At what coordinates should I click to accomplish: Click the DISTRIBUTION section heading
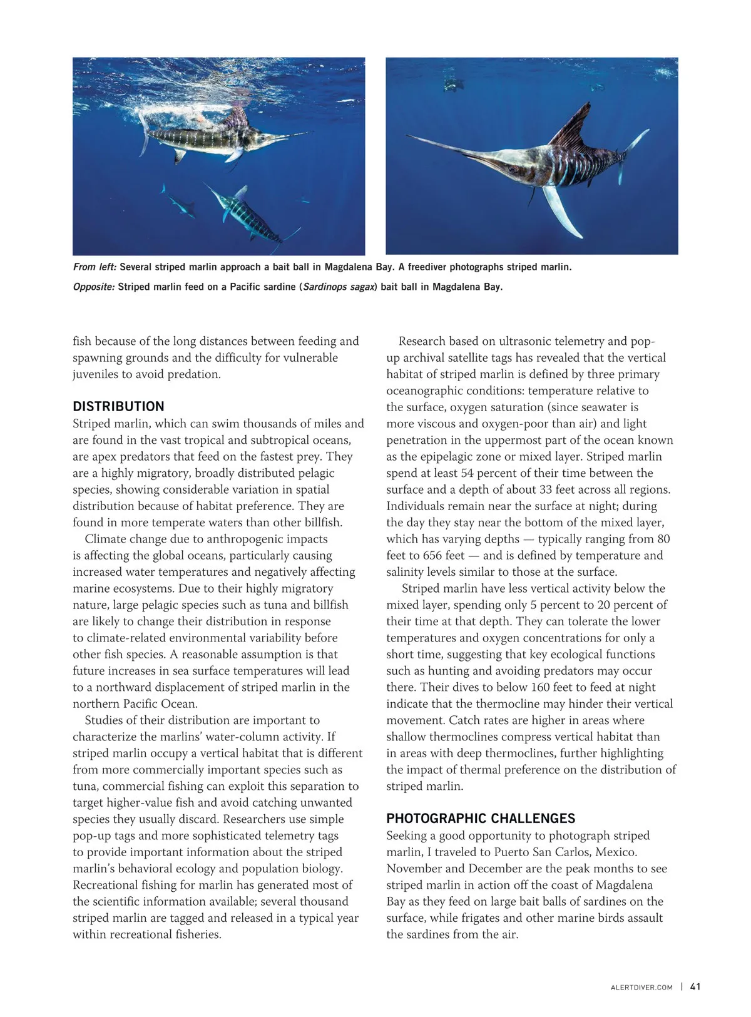(x=118, y=406)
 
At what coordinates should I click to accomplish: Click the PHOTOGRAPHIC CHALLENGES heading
(x=481, y=819)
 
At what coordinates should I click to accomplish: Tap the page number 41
(x=695, y=986)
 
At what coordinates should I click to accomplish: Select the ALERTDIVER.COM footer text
(x=641, y=987)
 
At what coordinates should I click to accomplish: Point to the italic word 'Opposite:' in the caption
(x=94, y=287)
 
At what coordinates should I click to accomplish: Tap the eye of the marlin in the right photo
(x=514, y=169)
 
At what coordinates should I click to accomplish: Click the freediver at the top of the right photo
(x=449, y=82)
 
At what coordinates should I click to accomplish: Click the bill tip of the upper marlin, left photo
(x=310, y=132)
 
